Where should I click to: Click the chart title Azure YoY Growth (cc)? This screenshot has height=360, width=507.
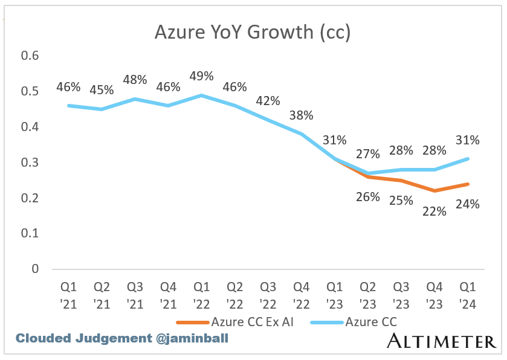pos(253,32)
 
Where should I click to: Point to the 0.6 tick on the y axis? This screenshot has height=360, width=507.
pos(30,56)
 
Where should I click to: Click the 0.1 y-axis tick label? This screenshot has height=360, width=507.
pos(30,233)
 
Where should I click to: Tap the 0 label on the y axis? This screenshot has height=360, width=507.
pos(34,269)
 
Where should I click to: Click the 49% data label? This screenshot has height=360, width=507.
pos(201,76)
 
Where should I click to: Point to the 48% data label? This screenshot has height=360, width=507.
pos(135,80)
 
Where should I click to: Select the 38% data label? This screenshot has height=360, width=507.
pos(301,115)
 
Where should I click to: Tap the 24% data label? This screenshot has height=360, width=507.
pos(467,204)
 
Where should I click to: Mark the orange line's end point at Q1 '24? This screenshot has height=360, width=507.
pos(467,184)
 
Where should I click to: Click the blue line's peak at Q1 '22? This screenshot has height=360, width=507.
pos(201,95)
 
